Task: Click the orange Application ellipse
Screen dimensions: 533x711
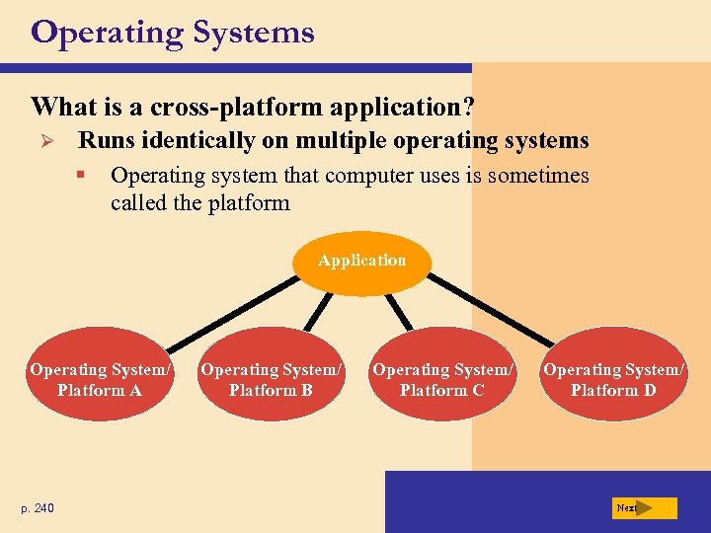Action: click(362, 262)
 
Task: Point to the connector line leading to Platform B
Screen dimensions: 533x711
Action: click(317, 310)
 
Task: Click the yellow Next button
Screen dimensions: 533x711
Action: click(644, 508)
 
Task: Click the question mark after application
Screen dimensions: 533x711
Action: click(468, 106)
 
